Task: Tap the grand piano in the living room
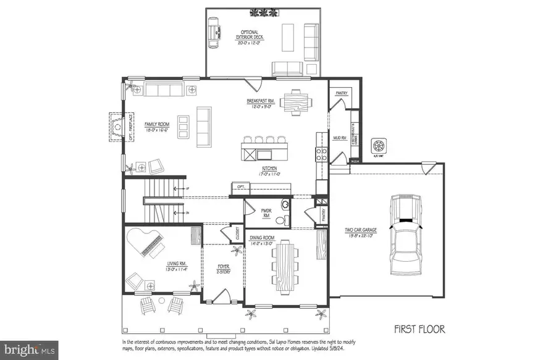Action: [x=149, y=241]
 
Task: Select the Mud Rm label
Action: [x=339, y=138]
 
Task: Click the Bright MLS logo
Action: [x=30, y=350]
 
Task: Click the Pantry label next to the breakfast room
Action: [x=341, y=93]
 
